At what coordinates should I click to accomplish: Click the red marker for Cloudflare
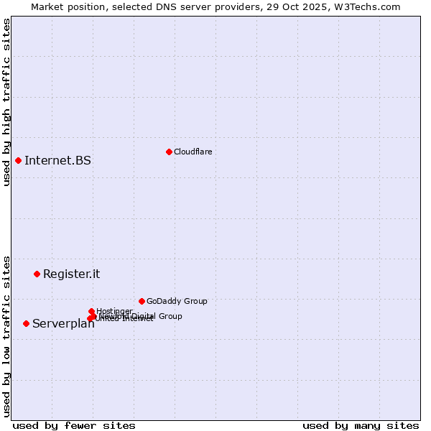(169, 152)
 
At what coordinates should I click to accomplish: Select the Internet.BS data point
(18, 160)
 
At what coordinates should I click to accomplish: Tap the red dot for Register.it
(37, 274)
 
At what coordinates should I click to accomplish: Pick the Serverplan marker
(26, 323)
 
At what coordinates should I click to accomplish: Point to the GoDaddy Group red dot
(142, 301)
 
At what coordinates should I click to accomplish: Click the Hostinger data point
(91, 311)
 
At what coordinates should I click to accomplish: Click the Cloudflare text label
(193, 152)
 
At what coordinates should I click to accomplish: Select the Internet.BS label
(57, 160)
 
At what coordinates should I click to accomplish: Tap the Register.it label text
(71, 274)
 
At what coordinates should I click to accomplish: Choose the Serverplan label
(63, 324)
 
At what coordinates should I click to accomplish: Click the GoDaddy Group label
(177, 301)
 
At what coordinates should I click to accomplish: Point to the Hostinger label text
(114, 310)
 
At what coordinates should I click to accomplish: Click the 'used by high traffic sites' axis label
(6, 102)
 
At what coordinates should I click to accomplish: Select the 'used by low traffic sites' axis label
(6, 335)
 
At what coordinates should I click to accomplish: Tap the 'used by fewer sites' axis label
(74, 425)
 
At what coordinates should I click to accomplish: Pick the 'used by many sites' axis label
(361, 425)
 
